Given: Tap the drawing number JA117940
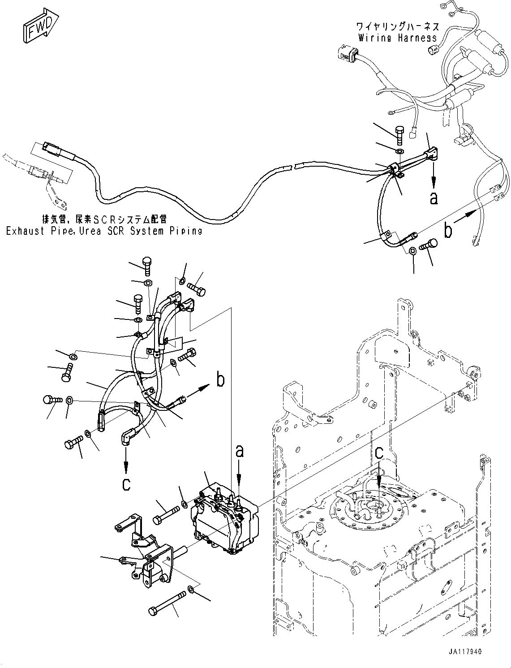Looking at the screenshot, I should [464, 652].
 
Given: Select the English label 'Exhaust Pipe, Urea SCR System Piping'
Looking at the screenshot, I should [104, 231].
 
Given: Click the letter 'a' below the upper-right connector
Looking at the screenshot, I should [434, 198].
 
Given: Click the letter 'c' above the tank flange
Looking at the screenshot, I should [379, 453].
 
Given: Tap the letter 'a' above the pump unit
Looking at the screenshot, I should [240, 451].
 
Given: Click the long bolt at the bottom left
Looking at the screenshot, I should [168, 604].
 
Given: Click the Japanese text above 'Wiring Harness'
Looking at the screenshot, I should [398, 27].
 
